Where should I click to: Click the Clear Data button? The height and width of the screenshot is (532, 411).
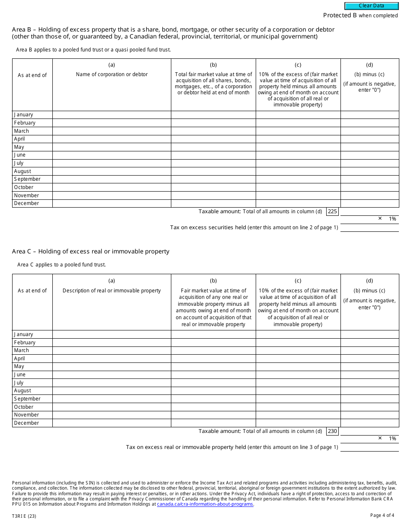371,6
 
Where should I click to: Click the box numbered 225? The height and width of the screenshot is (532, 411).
332,212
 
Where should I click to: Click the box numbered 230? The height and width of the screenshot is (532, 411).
332,431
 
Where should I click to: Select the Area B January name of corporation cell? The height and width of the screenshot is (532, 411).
112,115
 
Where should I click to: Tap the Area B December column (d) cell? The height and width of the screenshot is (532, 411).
369,203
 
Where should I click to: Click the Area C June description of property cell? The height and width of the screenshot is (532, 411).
112,375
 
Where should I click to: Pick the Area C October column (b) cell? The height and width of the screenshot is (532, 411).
213,407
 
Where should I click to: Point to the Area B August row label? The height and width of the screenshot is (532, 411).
22,171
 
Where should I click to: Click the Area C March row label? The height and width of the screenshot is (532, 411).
22,350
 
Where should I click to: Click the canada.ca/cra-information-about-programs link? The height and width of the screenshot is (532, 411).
205,504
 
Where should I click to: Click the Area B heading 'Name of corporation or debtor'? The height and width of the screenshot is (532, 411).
112,74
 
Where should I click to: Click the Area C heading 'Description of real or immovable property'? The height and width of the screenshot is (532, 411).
112,291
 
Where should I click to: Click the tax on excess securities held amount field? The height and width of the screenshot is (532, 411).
369,228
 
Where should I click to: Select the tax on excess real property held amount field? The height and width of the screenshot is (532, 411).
369,447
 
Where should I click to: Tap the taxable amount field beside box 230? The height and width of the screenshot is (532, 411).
369,431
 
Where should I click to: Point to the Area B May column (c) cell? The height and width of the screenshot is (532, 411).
298,147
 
